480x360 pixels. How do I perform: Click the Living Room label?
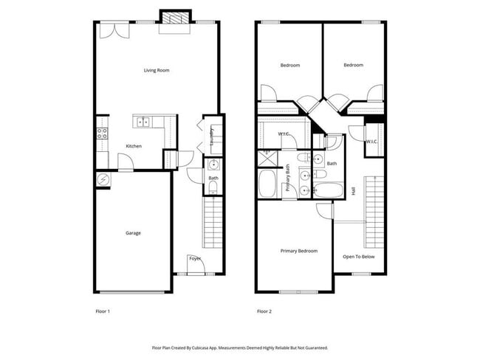click(x=157, y=71)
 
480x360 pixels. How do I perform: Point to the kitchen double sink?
click(x=143, y=122)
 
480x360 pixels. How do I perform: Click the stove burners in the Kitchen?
click(x=102, y=134)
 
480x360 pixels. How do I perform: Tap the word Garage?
click(x=133, y=233)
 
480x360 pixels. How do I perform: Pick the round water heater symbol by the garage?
click(x=103, y=179)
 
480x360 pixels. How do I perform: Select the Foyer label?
click(x=195, y=258)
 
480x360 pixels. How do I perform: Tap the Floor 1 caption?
click(x=103, y=311)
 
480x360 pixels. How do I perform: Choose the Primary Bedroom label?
click(x=299, y=251)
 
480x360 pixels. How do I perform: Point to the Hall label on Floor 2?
click(x=354, y=190)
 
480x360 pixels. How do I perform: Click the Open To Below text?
click(x=359, y=257)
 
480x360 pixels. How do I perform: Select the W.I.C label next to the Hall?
click(x=372, y=141)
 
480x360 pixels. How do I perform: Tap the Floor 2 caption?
click(x=264, y=311)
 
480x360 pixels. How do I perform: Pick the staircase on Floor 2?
click(x=374, y=212)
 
